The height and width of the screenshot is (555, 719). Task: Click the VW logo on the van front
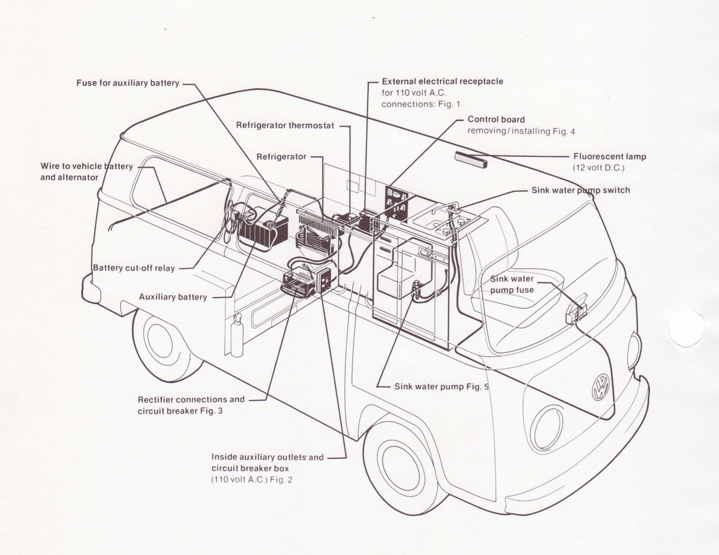tap(600, 387)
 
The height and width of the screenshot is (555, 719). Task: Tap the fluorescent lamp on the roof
tap(471, 160)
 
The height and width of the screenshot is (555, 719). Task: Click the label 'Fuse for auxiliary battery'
tap(127, 83)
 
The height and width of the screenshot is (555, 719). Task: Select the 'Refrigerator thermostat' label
tap(285, 126)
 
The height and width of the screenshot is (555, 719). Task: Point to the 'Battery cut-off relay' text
tap(134, 268)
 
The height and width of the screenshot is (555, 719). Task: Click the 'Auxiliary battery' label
tap(172, 297)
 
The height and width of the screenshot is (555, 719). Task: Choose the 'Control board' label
tap(496, 119)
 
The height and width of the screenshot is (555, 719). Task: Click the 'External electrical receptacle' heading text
tap(442, 81)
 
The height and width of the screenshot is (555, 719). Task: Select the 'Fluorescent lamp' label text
tap(610, 156)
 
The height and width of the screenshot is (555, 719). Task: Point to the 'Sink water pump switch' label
tap(580, 190)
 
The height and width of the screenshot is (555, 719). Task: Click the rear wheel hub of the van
tap(160, 341)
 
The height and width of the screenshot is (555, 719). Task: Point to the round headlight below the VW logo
tap(547, 429)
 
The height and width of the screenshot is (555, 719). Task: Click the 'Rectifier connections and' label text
tap(191, 399)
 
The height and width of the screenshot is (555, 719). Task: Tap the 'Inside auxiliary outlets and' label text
tap(267, 457)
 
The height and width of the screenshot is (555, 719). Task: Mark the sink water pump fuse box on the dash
tap(576, 309)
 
